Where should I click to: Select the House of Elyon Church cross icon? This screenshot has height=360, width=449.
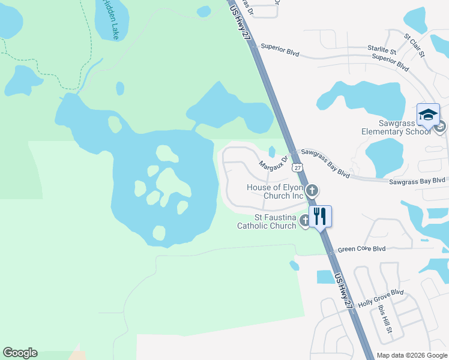312,191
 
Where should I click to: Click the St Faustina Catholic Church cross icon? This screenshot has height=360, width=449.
305,221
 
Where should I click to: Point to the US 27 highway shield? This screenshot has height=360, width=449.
297,168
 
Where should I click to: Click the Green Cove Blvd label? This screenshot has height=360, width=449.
361,249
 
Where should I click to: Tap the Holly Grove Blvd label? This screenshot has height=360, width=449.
381,298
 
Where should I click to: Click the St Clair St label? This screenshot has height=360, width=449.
414,45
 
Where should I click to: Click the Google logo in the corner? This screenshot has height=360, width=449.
20,353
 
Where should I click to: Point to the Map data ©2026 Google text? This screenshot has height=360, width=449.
412,355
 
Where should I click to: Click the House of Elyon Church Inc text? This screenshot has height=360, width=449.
276,191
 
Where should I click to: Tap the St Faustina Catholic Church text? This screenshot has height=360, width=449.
267,221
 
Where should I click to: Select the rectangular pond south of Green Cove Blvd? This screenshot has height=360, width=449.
326,277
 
